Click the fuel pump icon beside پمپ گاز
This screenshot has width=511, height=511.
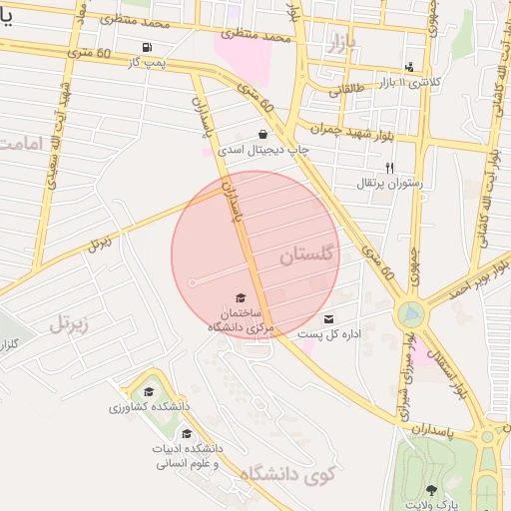148,47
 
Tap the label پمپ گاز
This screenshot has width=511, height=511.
146,62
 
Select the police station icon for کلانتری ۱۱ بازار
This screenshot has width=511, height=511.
409,68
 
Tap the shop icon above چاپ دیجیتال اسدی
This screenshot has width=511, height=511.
262,134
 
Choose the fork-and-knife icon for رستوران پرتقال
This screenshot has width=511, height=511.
390,168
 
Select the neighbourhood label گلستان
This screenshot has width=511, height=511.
309,255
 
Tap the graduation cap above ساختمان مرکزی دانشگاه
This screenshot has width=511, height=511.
240,297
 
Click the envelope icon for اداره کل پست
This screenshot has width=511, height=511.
328,319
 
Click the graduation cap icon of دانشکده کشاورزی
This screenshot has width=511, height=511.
149,392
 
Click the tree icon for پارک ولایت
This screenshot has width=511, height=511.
430,489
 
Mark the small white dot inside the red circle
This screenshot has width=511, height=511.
193,283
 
